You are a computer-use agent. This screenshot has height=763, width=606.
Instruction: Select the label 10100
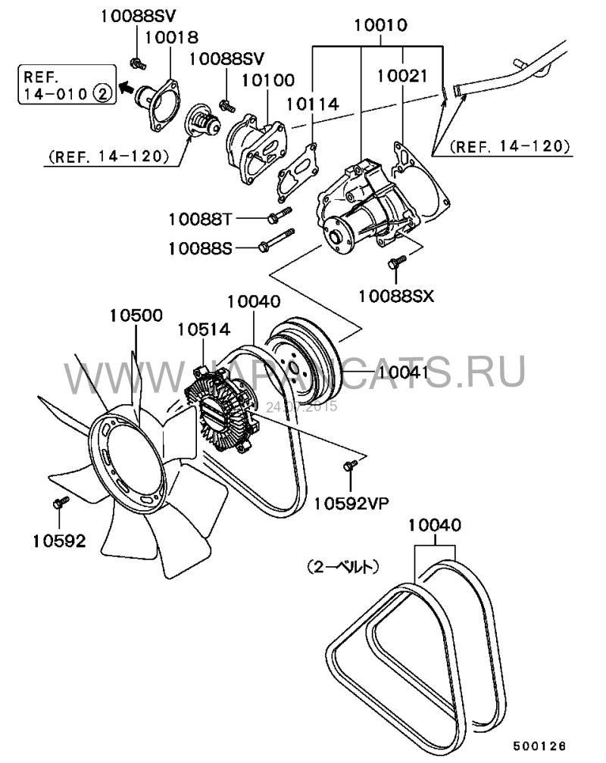point(263,79)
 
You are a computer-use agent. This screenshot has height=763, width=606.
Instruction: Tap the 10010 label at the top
point(381,26)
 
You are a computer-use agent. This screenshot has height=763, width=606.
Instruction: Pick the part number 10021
point(403,76)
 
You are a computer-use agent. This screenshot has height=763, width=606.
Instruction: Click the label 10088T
point(201,219)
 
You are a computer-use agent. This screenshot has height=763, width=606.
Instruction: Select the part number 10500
point(136,316)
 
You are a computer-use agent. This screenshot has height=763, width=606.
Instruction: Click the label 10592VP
point(357,500)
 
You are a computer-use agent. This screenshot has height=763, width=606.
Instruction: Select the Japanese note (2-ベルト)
point(343,565)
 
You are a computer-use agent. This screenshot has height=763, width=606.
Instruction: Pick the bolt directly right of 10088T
point(277,218)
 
